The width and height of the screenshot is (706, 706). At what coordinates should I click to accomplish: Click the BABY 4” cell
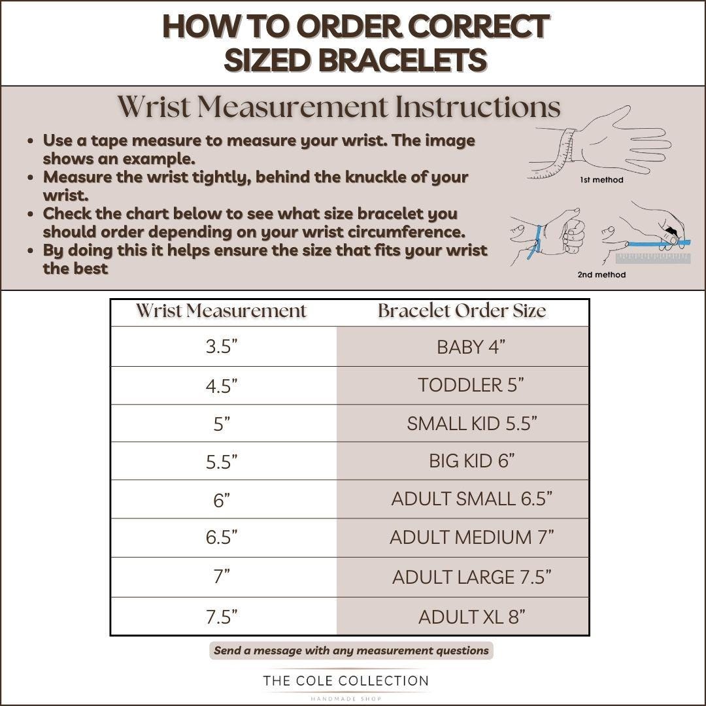tap(462, 346)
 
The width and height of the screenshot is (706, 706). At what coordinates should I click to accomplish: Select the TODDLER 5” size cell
tap(462, 386)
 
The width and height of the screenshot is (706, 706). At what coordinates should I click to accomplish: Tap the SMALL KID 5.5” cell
tap(462, 423)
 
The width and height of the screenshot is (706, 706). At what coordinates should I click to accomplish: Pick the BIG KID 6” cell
tap(462, 461)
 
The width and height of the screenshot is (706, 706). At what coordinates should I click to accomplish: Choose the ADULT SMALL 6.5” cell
tap(462, 499)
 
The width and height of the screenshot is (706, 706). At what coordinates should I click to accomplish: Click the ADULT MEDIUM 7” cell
tap(462, 537)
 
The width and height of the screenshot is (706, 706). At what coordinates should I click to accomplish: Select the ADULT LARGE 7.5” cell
tap(462, 577)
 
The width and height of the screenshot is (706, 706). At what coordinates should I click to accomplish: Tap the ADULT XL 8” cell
tap(462, 616)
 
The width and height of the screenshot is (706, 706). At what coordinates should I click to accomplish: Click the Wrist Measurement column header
tap(221, 311)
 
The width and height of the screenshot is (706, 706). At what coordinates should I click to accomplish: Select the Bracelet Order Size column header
tap(462, 311)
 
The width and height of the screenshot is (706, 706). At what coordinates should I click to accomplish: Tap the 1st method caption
tap(601, 180)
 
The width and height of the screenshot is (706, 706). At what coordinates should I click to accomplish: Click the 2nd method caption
tap(601, 274)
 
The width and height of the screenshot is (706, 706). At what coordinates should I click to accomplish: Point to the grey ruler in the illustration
tap(653, 258)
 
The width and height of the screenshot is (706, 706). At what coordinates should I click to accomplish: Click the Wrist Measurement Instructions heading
tap(339, 107)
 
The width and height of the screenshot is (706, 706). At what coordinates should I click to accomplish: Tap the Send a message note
tap(351, 650)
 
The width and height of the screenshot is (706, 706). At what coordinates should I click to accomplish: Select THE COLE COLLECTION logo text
tap(346, 681)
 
